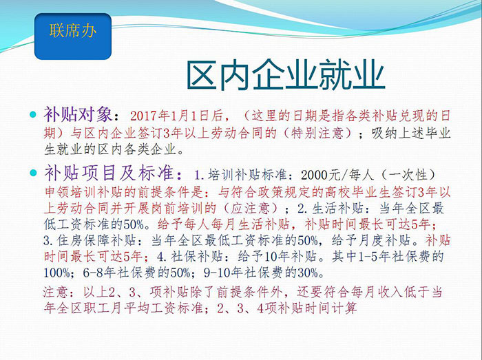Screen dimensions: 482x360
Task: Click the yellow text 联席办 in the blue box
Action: coord(73,31)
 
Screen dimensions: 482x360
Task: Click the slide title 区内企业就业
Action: coord(286,75)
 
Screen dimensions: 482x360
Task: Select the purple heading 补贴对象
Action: coord(78,114)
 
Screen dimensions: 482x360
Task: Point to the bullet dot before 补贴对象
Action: coord(33,115)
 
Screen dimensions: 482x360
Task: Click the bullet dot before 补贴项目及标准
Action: coord(33,173)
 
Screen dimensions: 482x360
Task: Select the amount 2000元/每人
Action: coord(337,175)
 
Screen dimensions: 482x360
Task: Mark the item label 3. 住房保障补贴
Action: coord(89,240)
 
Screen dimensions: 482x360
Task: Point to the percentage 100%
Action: coord(57,273)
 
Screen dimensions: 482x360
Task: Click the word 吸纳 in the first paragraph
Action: coord(384,134)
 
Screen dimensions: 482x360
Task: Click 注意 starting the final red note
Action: coord(55,292)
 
